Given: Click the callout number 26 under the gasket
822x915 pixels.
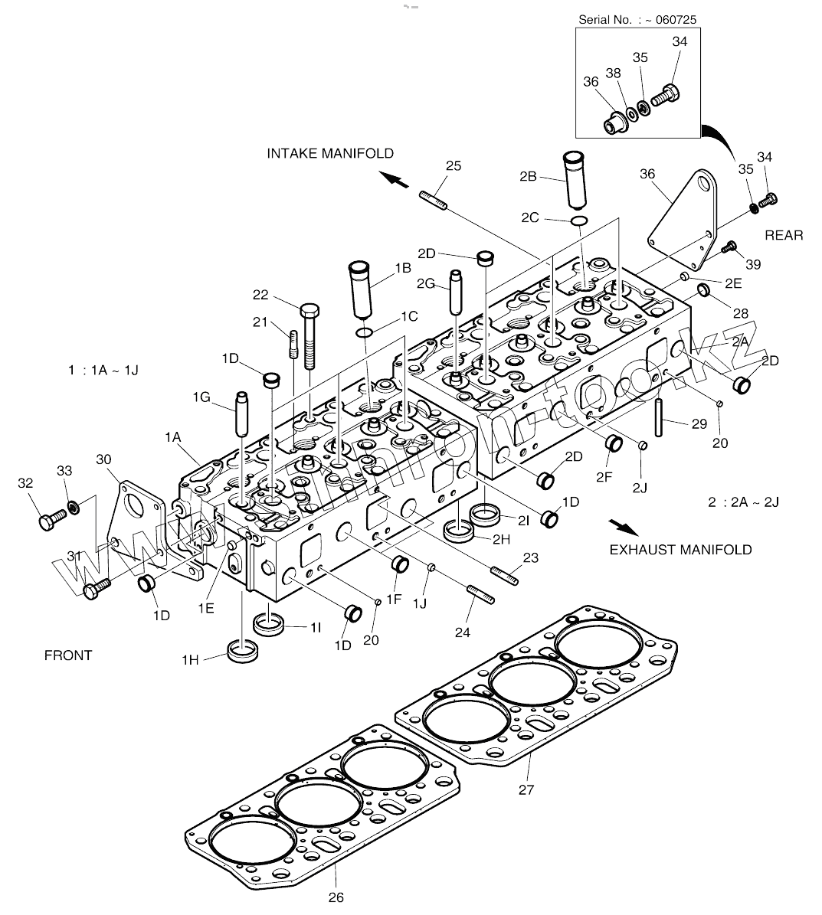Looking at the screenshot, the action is click(336, 897).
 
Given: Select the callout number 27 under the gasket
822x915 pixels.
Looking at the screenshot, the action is click(526, 789).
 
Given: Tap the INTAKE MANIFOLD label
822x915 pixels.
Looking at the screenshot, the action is click(330, 153).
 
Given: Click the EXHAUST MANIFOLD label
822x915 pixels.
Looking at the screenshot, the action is click(681, 550).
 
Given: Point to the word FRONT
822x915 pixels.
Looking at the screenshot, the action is click(68, 655).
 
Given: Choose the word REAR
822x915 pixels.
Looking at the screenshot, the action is click(784, 235).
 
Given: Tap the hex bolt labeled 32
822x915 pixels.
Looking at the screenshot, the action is click(51, 519).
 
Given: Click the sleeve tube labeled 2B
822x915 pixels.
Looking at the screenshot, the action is click(574, 180).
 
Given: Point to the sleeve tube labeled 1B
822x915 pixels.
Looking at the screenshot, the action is click(359, 289).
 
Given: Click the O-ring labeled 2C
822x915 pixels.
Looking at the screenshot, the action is click(579, 221).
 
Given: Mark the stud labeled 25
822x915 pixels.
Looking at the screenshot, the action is click(433, 200).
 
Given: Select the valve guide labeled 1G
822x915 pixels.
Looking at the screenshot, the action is click(241, 413).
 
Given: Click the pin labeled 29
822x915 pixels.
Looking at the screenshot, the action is click(659, 417).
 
